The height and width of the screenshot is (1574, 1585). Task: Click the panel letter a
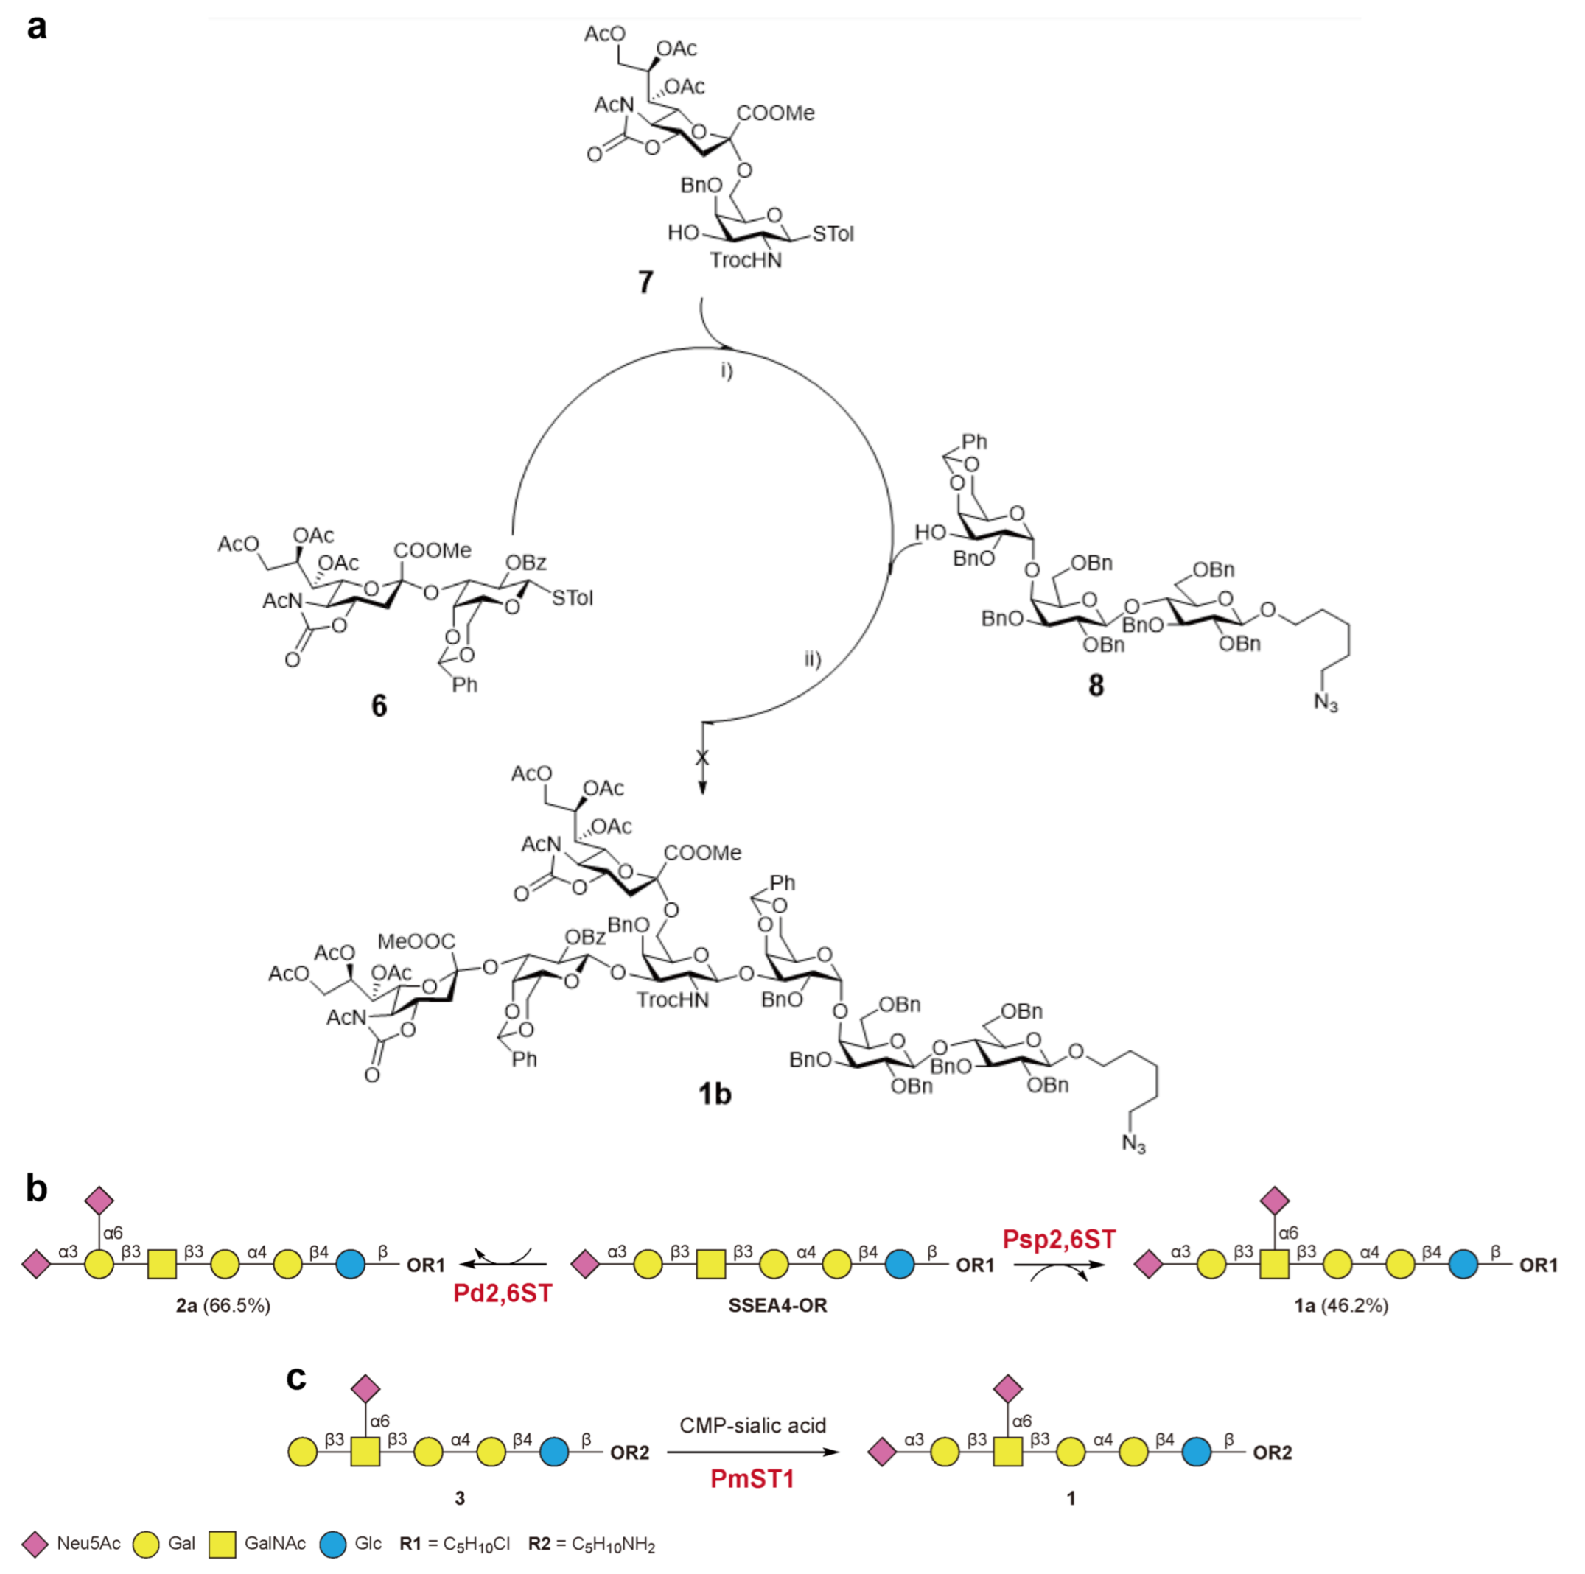click(36, 27)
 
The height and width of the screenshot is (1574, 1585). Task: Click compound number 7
click(645, 282)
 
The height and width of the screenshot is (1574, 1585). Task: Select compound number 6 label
click(379, 706)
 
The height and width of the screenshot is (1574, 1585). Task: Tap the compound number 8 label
click(1096, 685)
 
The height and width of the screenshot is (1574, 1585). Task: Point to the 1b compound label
click(715, 1093)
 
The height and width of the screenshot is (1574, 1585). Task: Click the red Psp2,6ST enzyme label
click(1058, 1239)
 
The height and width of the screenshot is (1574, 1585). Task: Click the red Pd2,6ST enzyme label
click(503, 1293)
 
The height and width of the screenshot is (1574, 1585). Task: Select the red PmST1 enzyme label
click(752, 1479)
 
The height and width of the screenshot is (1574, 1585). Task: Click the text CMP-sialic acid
click(752, 1425)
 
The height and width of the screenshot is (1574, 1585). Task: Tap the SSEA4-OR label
click(777, 1305)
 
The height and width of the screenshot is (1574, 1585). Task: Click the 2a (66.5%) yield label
click(223, 1305)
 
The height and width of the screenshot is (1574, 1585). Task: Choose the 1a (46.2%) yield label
click(1341, 1305)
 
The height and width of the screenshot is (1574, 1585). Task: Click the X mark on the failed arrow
click(702, 757)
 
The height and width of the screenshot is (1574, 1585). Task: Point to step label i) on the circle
click(727, 370)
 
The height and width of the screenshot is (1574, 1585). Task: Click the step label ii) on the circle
click(812, 658)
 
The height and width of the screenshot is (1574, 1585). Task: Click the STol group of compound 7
click(833, 234)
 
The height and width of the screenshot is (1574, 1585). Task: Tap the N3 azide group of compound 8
click(1326, 703)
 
